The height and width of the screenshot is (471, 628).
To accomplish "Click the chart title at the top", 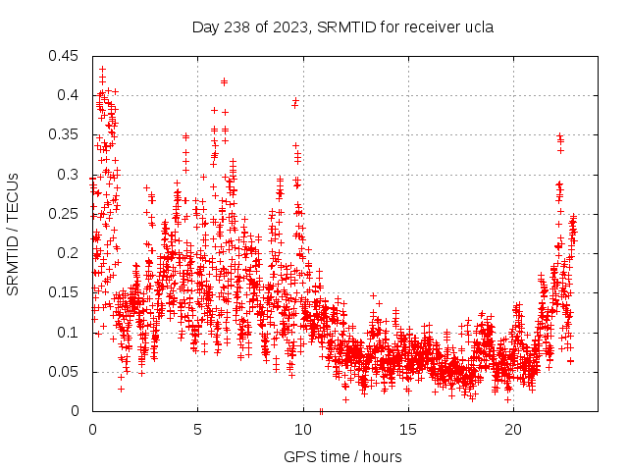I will coord(342,26).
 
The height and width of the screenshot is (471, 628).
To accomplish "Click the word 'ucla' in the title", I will coord(478,26).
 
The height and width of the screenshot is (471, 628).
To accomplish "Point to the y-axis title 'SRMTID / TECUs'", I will coord(13,234).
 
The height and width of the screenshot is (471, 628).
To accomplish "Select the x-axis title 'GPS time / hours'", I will coord(342,456).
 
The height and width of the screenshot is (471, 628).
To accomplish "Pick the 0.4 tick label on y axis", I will coord(72,95).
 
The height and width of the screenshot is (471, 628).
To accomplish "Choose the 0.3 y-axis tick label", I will coord(72,175).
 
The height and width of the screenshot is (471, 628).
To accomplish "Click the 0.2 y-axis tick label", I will coord(72,253).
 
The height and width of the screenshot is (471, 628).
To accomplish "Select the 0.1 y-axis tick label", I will coord(72,333).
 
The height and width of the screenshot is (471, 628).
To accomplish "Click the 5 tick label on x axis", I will coord(197,430).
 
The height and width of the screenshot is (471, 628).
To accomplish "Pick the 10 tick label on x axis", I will coord(302,430).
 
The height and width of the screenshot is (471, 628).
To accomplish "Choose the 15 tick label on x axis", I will coord(408,430).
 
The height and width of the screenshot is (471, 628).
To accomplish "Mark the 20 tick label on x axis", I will coord(513,430).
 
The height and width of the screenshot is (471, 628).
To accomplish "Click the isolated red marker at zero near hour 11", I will coord(322,410).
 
